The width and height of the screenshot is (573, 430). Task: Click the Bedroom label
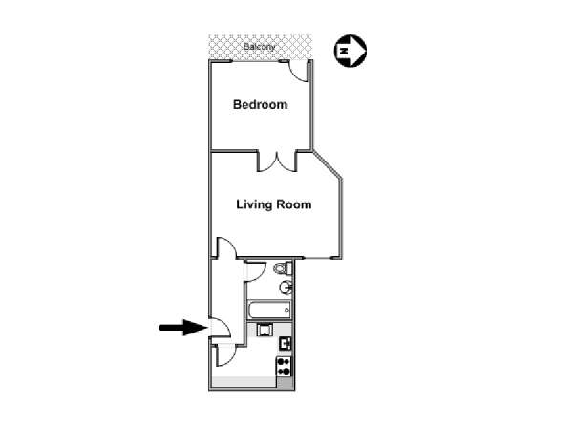click(x=260, y=104)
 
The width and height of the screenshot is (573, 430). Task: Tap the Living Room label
click(x=274, y=204)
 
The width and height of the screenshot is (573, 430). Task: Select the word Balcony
click(x=259, y=47)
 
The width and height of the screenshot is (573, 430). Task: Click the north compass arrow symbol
click(x=350, y=51)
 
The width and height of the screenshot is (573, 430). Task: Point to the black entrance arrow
click(x=183, y=327)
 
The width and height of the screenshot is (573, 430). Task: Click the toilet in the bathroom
click(x=283, y=268)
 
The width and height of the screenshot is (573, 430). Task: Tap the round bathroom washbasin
click(x=286, y=287)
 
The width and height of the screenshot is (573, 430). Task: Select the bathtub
click(x=269, y=310)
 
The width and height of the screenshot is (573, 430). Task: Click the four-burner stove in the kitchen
click(x=284, y=366)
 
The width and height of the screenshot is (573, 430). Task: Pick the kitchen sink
click(x=285, y=344)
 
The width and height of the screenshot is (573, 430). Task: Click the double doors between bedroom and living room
click(x=277, y=162)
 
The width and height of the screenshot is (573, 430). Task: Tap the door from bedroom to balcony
click(x=298, y=72)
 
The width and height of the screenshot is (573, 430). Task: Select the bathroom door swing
click(x=255, y=271)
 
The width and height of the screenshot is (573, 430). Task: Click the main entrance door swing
click(x=220, y=327)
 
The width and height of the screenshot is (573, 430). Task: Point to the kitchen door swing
click(x=224, y=355)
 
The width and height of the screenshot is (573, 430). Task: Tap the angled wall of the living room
click(x=327, y=164)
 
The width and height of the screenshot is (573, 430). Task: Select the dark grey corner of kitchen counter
click(x=285, y=382)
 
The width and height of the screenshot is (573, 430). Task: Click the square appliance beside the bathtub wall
click(x=265, y=330)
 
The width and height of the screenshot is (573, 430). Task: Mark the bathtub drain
click(x=286, y=310)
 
